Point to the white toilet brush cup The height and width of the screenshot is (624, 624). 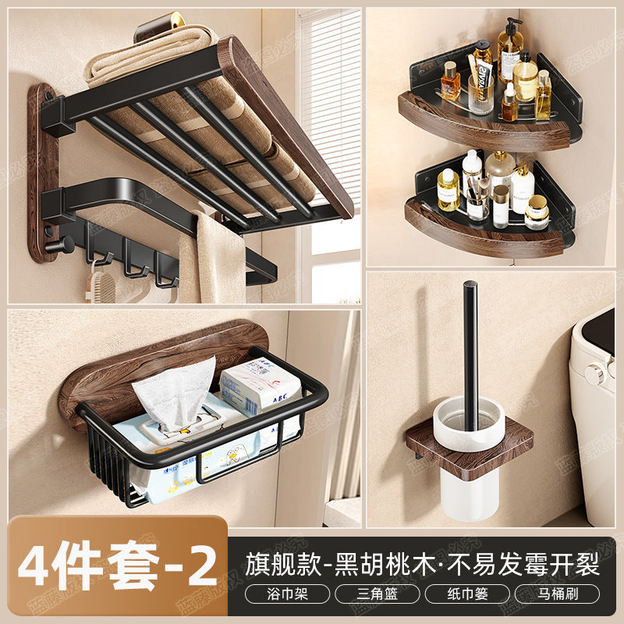click(470, 484)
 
